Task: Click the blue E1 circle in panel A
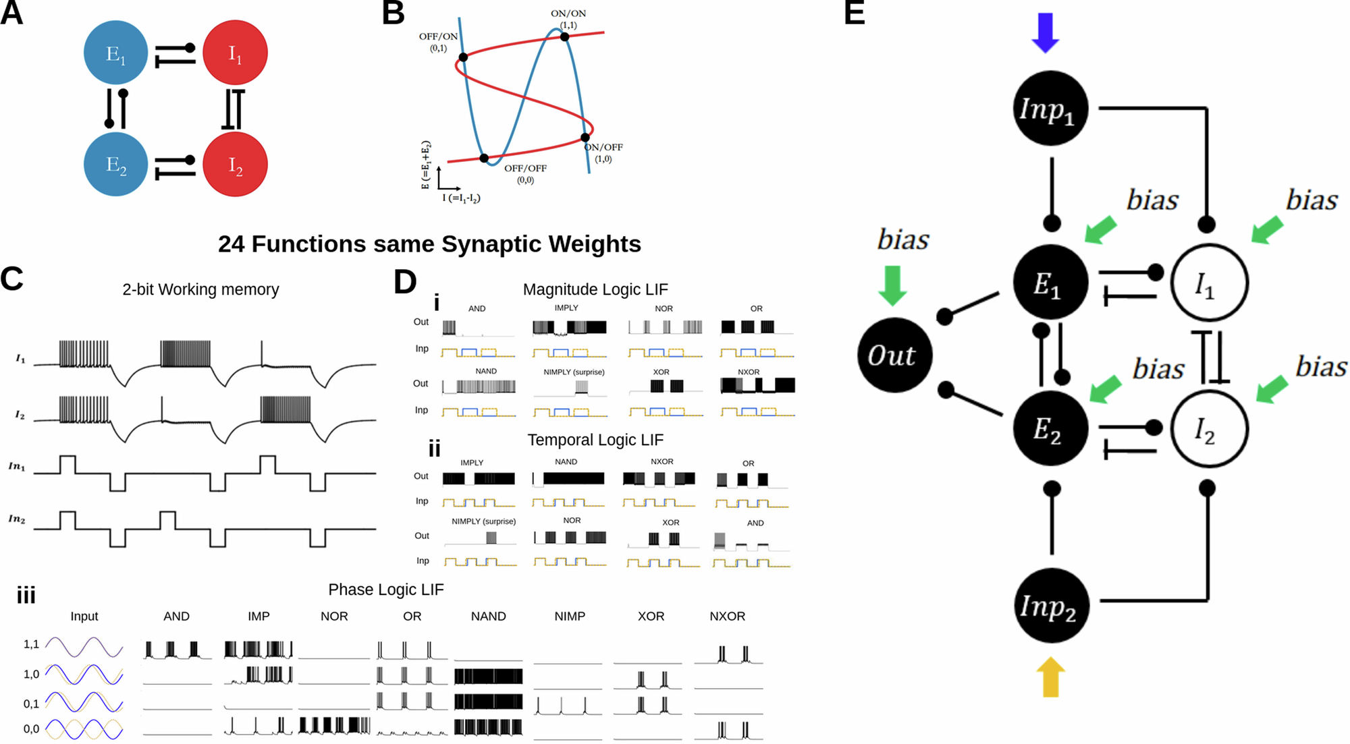[115, 53]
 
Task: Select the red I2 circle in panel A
[235, 165]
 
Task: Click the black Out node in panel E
[894, 355]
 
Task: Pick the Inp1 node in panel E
[1050, 108]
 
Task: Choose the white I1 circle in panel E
[1209, 282]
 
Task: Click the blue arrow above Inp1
[1046, 32]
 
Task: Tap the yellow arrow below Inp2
[1050, 677]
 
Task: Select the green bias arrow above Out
[893, 285]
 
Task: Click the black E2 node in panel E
[1050, 428]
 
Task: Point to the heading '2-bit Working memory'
[200, 289]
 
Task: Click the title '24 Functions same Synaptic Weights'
[429, 244]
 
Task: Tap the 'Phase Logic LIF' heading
[385, 590]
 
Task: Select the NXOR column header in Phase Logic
[727, 617]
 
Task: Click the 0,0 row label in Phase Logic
[31, 729]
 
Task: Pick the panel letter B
[393, 13]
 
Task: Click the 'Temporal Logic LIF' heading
[595, 440]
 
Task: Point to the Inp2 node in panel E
[1050, 606]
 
